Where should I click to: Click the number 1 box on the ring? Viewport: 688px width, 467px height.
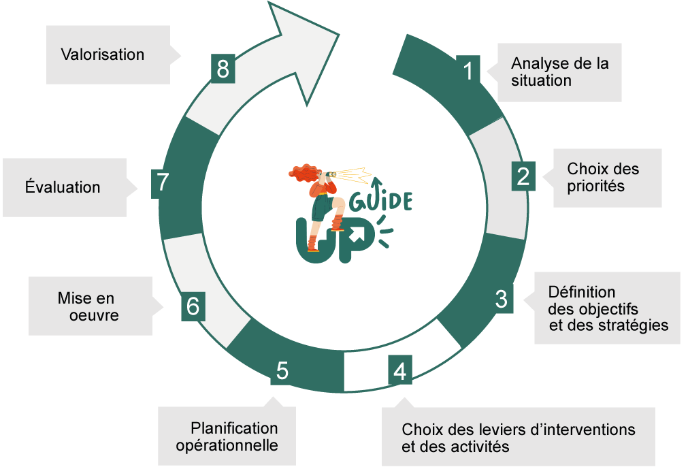pyautogui.click(x=468, y=70)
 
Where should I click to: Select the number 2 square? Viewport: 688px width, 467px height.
pyautogui.click(x=523, y=176)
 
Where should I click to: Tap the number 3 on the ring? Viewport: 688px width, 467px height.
pyautogui.click(x=501, y=299)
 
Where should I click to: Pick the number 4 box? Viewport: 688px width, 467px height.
pyautogui.click(x=400, y=372)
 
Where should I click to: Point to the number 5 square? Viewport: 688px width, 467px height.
pyautogui.click(x=282, y=371)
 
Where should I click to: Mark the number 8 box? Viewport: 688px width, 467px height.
pyautogui.click(x=223, y=69)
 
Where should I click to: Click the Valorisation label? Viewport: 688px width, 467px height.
pyautogui.click(x=103, y=54)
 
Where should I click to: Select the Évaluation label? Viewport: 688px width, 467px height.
pyautogui.click(x=63, y=187)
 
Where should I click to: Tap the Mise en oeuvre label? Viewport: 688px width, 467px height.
pyautogui.click(x=88, y=307)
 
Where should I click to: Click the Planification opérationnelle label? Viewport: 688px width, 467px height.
pyautogui.click(x=227, y=437)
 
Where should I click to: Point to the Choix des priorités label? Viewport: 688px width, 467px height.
pyautogui.click(x=604, y=177)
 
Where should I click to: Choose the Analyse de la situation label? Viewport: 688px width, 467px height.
pyautogui.click(x=560, y=71)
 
